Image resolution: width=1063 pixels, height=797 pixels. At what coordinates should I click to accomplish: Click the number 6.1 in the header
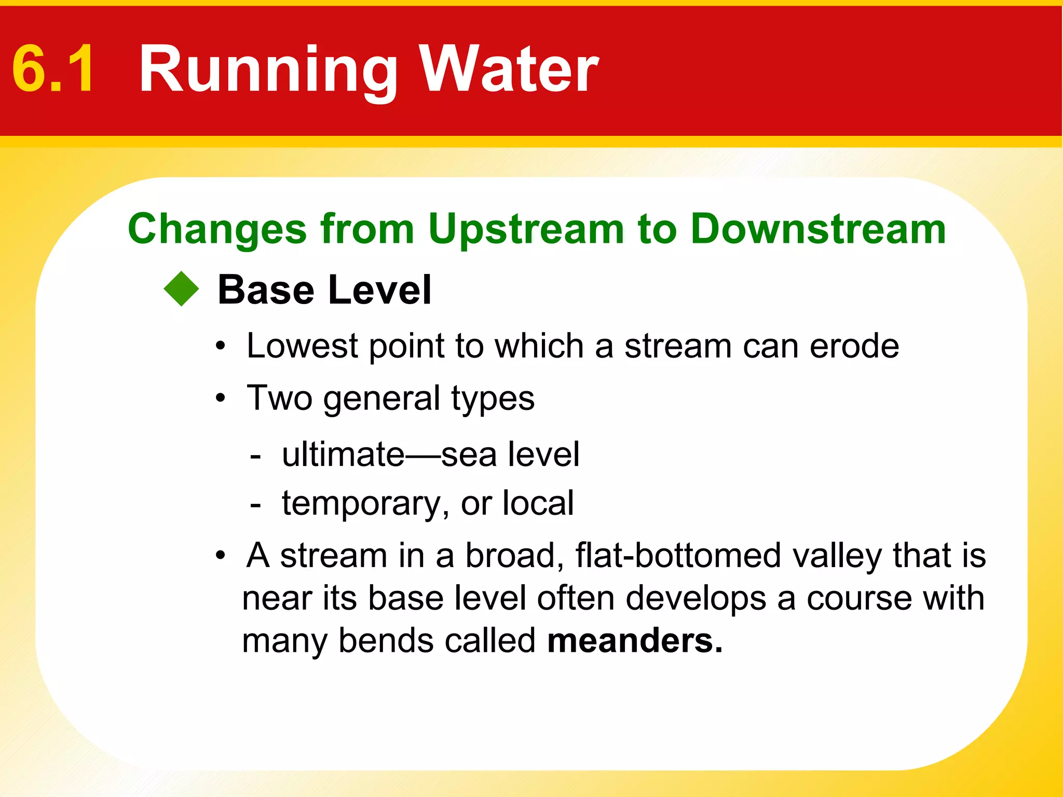[53, 69]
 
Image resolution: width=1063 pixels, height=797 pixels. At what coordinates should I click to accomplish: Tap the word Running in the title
[268, 70]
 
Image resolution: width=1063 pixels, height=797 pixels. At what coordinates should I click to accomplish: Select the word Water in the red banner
[509, 69]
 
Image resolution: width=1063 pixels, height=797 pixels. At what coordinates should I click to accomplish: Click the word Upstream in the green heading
[526, 229]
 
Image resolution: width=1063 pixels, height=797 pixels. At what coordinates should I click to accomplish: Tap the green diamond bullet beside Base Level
[181, 289]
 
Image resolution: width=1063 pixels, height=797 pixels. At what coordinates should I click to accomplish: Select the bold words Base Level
[324, 290]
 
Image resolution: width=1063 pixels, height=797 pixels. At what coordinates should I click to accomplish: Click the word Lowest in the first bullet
[302, 346]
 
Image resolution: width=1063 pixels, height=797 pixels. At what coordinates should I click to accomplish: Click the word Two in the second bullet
[279, 398]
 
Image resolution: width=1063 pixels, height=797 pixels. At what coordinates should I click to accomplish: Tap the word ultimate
[343, 455]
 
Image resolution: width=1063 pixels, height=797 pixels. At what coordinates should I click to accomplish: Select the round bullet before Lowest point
[221, 347]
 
